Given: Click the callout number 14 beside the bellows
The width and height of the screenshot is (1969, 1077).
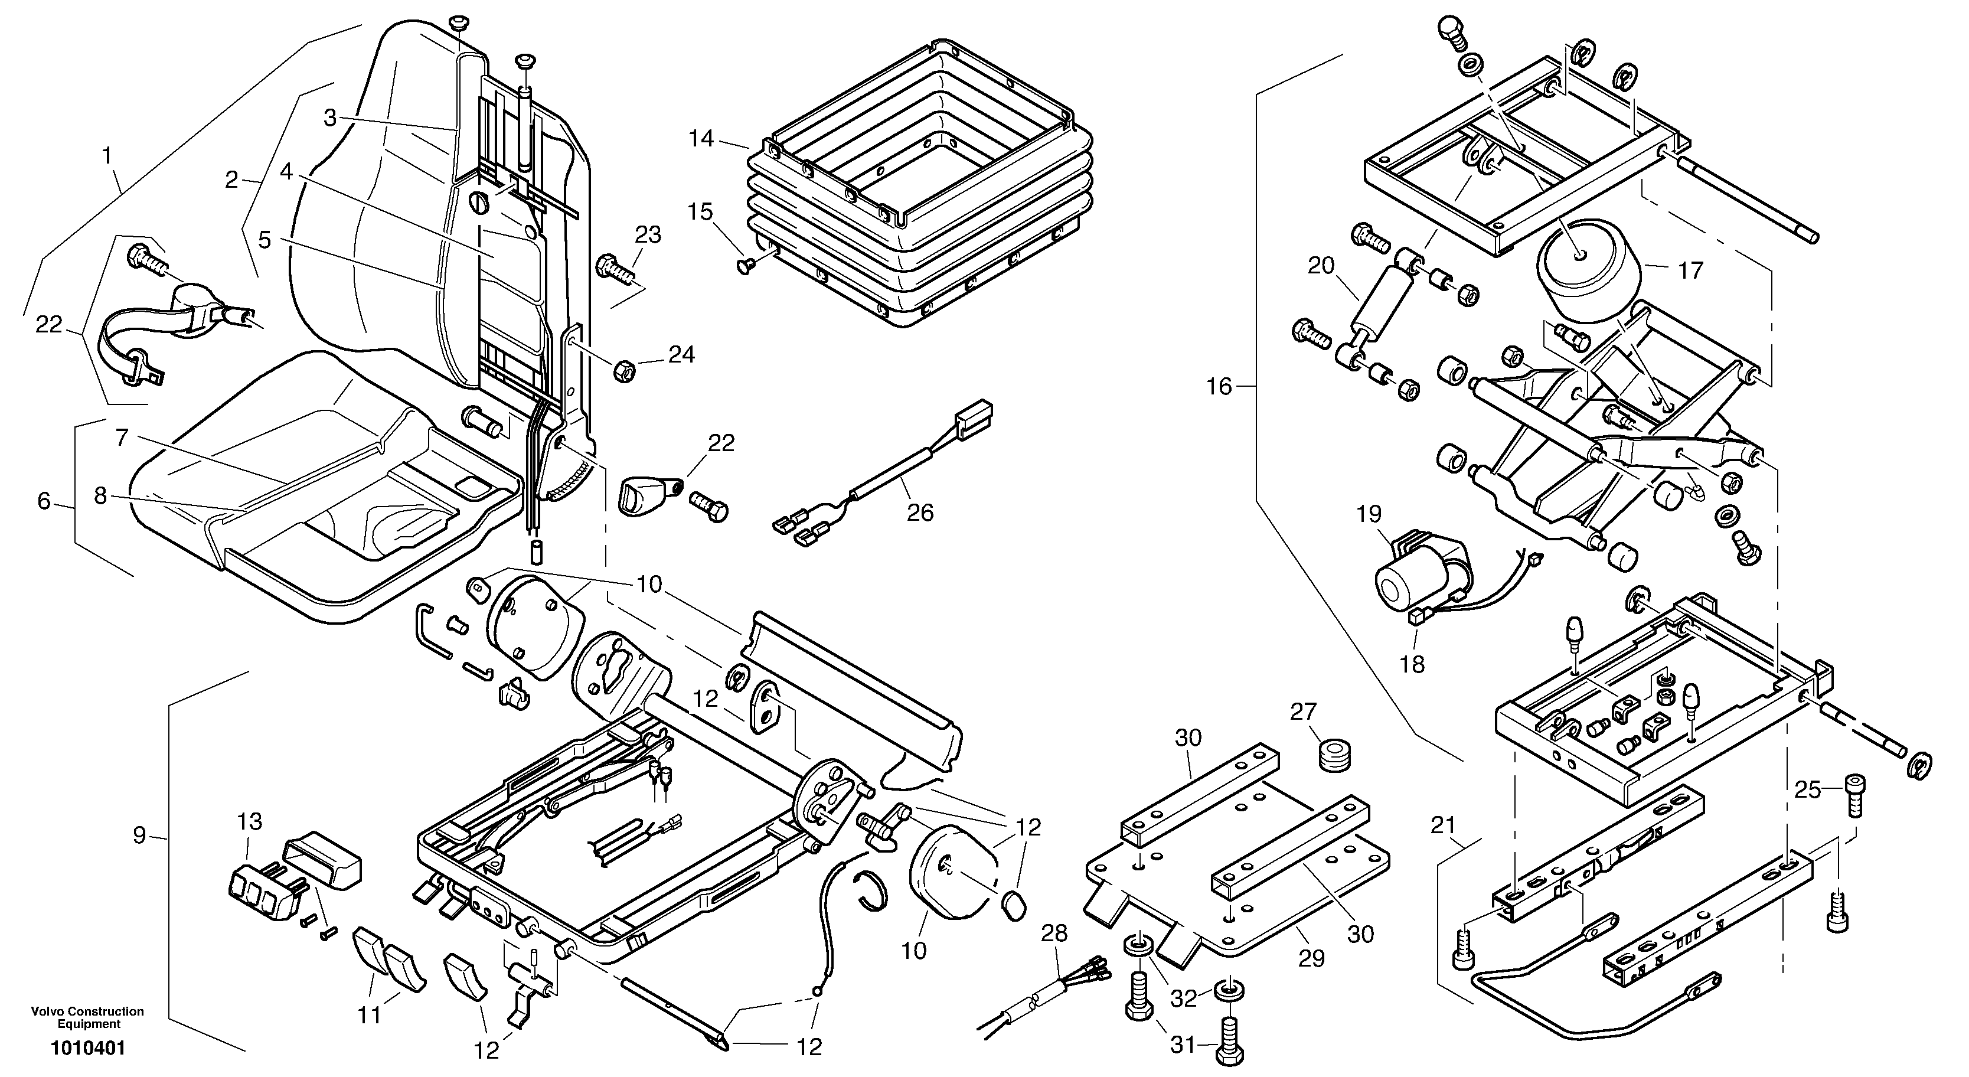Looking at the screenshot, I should point(701,139).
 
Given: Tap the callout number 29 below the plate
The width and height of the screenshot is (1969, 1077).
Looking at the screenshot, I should point(1312,958).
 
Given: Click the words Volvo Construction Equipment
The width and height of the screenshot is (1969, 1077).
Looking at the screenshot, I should point(88,1017).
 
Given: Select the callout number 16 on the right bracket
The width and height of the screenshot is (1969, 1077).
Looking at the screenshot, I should point(1219,387).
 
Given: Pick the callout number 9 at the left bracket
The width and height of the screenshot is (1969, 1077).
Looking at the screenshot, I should point(139,836).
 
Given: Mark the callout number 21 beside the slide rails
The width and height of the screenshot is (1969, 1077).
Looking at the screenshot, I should point(1443,825).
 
